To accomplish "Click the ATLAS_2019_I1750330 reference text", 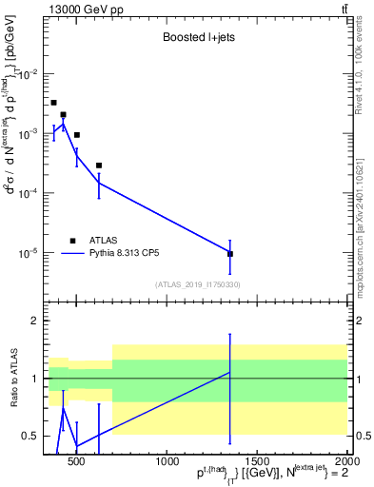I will (x=197, y=284).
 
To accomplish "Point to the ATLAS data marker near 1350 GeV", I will (x=230, y=254).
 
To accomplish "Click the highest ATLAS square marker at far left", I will (x=53, y=103).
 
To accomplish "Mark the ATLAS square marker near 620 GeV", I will (x=99, y=166).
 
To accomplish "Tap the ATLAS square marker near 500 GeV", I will (x=77, y=135).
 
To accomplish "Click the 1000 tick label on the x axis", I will (x=167, y=462).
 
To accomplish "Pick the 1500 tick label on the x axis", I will (x=256, y=462).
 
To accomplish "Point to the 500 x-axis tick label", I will (x=78, y=462).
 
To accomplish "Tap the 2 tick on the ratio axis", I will (x=35, y=321).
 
